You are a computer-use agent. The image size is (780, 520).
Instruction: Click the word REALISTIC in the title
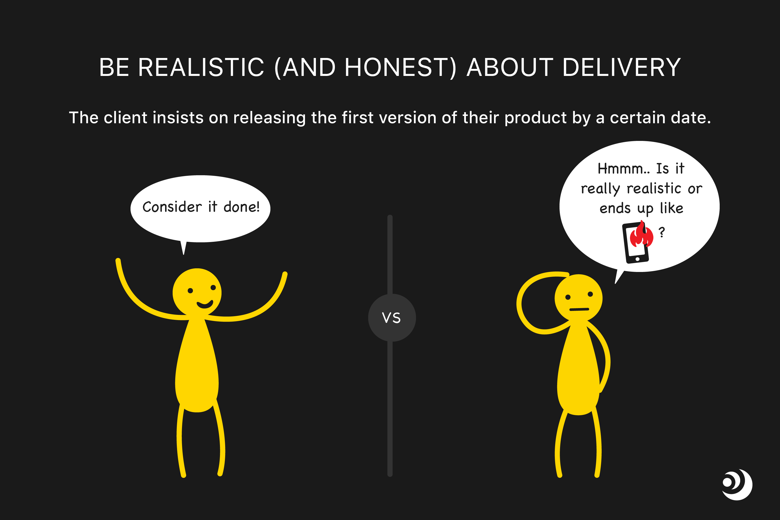pos(201,67)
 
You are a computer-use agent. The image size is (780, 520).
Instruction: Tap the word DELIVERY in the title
pos(621,67)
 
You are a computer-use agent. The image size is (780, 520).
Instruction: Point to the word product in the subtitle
pos(536,118)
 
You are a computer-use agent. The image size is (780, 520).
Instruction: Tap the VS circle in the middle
pos(392,318)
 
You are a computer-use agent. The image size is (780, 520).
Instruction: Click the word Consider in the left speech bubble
pos(172,207)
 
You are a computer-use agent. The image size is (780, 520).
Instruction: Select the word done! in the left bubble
pos(242,207)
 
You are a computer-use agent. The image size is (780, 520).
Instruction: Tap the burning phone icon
pos(638,242)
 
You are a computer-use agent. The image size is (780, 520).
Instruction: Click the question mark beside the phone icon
pos(662,232)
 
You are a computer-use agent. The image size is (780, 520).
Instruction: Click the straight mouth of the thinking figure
pos(579,309)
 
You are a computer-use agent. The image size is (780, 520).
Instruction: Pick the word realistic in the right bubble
pos(654,188)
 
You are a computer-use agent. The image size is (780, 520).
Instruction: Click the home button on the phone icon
pos(638,259)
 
